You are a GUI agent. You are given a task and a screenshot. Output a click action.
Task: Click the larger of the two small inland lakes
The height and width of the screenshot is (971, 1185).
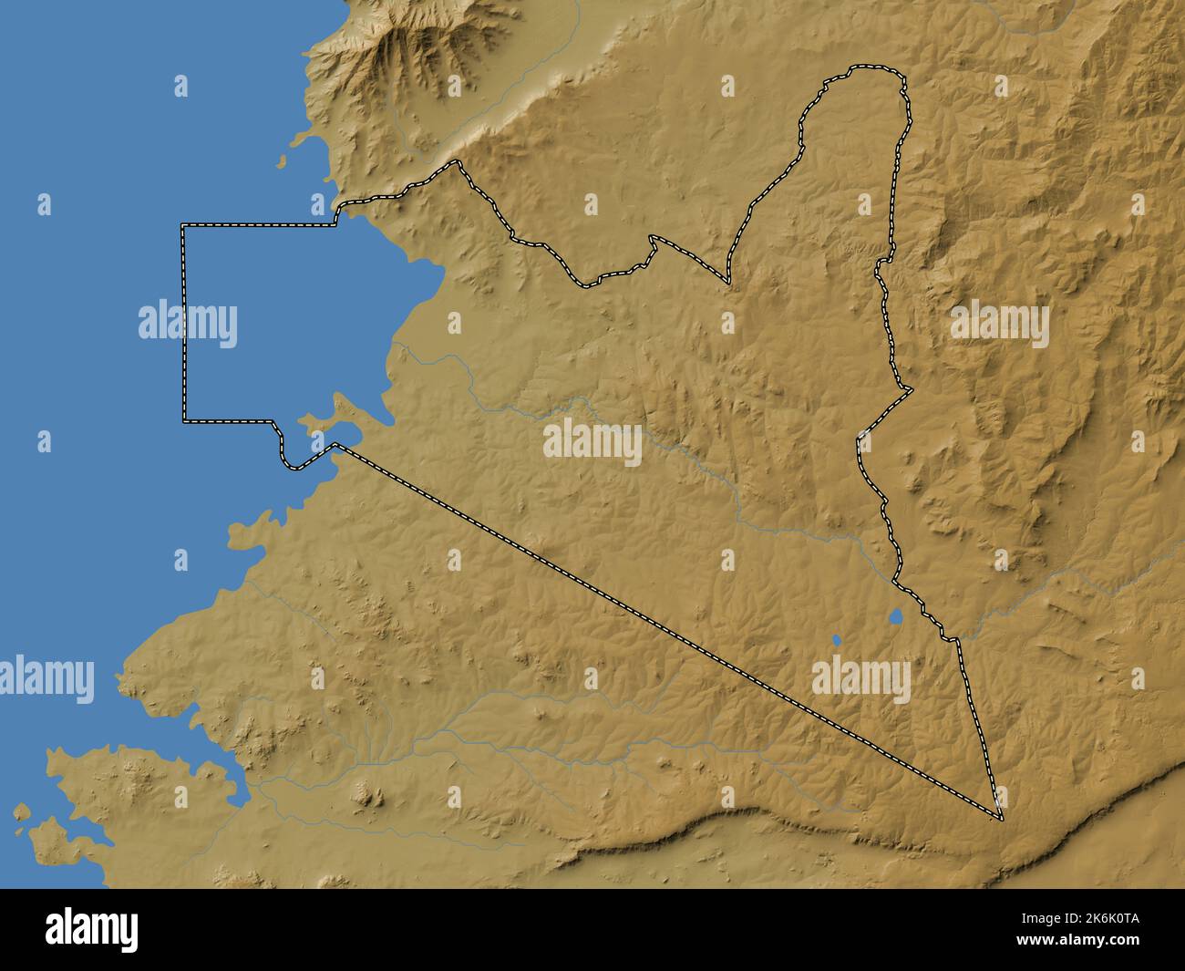(895, 617)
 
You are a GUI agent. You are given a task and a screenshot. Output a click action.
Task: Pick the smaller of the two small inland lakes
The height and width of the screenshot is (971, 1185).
(836, 640)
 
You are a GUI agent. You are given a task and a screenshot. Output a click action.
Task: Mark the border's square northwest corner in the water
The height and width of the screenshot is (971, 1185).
(183, 224)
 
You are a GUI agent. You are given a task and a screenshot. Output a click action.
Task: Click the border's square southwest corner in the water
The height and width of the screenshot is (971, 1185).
(183, 422)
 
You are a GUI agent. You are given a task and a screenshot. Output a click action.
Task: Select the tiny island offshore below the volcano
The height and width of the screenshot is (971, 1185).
(281, 164)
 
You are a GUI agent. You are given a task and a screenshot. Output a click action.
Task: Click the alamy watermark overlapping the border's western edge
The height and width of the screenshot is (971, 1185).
(188, 324)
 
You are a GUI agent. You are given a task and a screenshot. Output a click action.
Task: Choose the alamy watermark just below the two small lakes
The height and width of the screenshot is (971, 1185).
(860, 679)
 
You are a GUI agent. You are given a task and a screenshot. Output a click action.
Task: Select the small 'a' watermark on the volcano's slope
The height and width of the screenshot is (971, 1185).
(454, 86)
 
